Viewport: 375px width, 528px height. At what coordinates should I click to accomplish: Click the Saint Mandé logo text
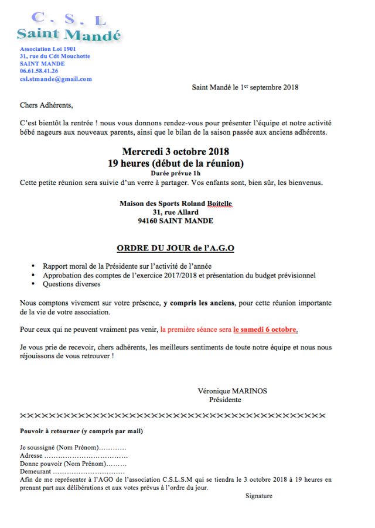pyautogui.click(x=69, y=35)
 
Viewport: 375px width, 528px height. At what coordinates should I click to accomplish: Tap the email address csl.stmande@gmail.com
pyautogui.click(x=56, y=79)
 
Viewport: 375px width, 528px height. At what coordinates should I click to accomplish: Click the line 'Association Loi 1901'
pyautogui.click(x=47, y=49)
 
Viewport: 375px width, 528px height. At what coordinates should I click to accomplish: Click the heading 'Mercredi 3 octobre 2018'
pyautogui.click(x=175, y=152)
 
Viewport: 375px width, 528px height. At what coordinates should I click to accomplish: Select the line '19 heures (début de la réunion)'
pyautogui.click(x=175, y=163)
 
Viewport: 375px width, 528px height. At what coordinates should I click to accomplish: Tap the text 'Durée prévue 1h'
pyautogui.click(x=175, y=174)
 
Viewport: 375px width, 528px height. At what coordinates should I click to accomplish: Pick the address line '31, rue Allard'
pyautogui.click(x=175, y=212)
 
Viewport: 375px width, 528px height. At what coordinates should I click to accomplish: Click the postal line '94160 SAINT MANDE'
pyautogui.click(x=175, y=221)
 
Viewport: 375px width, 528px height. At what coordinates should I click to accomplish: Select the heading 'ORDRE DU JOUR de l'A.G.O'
pyautogui.click(x=175, y=248)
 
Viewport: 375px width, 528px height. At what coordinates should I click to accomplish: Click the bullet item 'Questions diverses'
pyautogui.click(x=71, y=284)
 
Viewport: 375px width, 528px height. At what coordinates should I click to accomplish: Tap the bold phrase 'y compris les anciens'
pyautogui.click(x=199, y=303)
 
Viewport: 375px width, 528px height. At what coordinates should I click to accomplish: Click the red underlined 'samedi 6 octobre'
pyautogui.click(x=265, y=329)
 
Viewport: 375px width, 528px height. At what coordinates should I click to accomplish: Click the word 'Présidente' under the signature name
pyautogui.click(x=225, y=400)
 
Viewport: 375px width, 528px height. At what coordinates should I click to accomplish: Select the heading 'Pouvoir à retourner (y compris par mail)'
pyautogui.click(x=81, y=431)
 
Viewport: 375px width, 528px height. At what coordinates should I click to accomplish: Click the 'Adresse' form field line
pyautogui.click(x=73, y=455)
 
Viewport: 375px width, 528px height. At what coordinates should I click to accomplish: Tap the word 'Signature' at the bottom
pyautogui.click(x=259, y=496)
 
